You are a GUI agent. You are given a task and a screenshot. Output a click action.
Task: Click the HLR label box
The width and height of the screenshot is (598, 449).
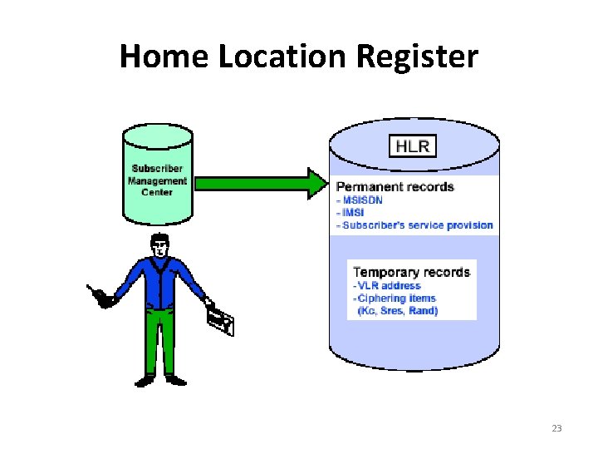click(x=413, y=147)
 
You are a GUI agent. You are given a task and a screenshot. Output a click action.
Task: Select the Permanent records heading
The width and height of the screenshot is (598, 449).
click(x=395, y=186)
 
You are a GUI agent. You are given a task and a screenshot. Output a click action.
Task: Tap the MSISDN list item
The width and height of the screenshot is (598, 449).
click(x=360, y=200)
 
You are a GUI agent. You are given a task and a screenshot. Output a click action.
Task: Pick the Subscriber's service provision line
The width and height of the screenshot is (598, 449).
click(x=415, y=224)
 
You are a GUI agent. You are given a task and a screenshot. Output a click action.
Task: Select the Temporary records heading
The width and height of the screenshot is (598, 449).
click(x=411, y=273)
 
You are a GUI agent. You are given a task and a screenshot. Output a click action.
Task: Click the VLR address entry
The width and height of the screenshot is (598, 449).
click(x=391, y=286)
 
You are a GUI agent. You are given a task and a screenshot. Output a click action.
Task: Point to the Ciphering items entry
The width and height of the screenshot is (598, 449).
click(x=396, y=298)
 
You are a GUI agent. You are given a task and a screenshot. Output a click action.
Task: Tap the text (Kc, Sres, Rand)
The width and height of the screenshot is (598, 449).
click(x=398, y=310)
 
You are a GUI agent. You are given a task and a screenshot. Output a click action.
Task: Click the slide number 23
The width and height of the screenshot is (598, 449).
click(x=556, y=428)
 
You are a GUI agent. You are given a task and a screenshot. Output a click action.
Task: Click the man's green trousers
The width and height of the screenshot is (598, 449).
click(x=162, y=341)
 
